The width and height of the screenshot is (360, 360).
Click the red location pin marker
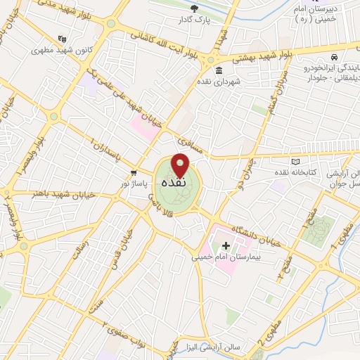181,165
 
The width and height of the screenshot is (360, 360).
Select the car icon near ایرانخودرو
335,56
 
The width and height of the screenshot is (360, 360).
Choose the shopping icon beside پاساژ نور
132,173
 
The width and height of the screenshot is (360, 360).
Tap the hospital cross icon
226,245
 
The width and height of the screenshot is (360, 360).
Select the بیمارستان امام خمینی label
222,257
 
